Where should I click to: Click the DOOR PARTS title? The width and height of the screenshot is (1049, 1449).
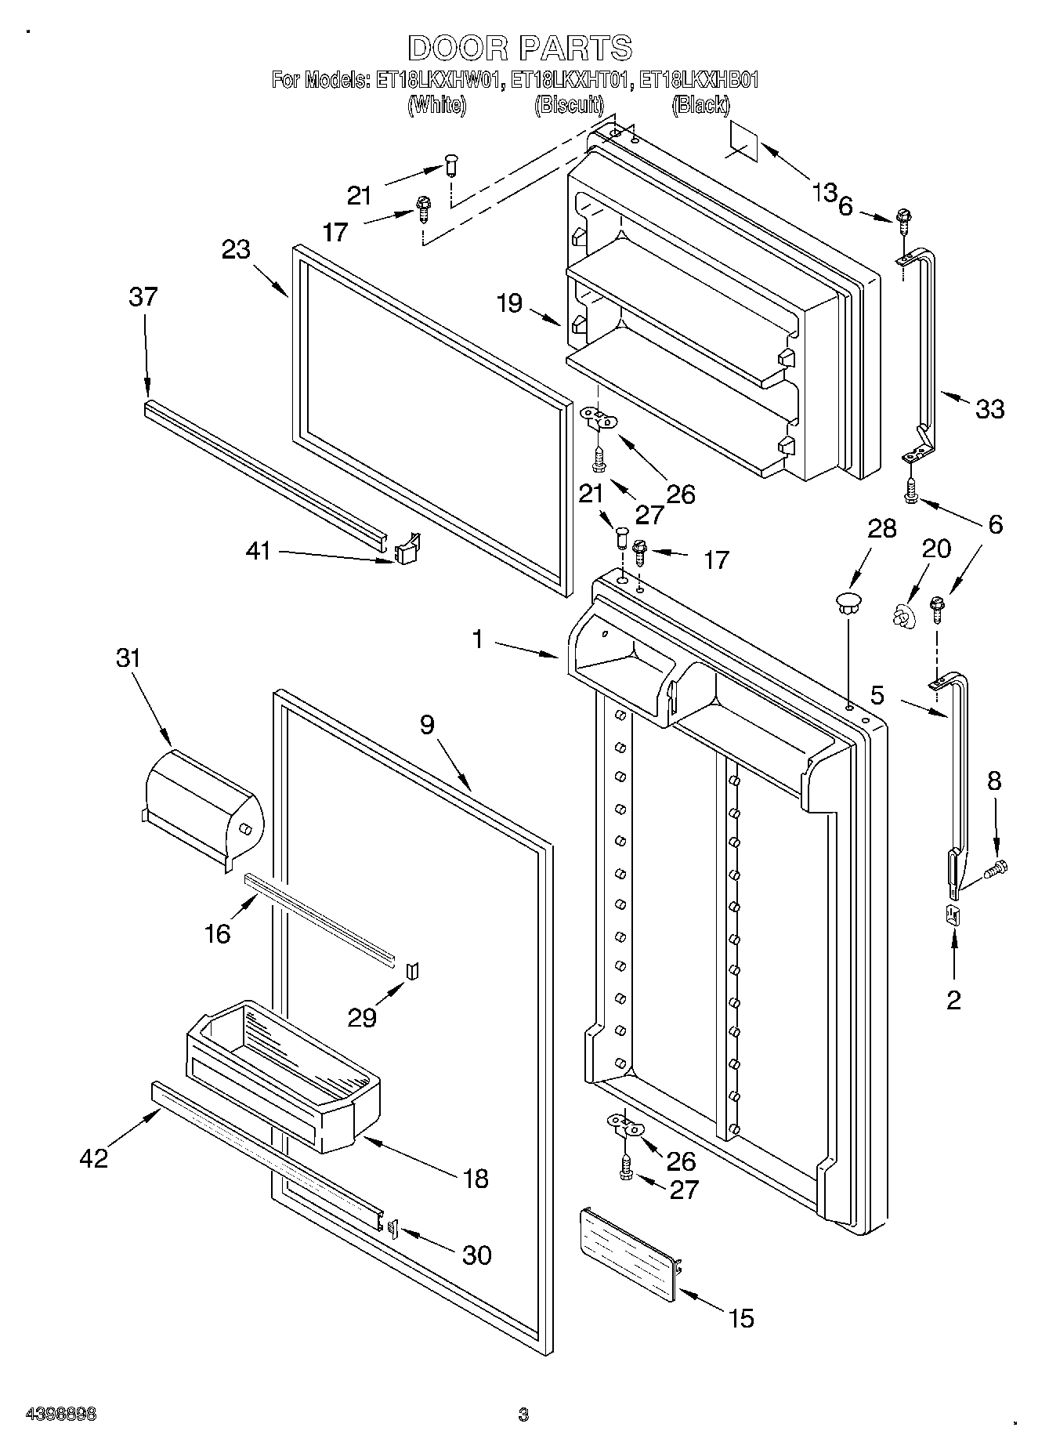(519, 48)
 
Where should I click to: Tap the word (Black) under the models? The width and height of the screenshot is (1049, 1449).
(700, 105)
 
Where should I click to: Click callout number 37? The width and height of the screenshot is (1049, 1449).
(144, 297)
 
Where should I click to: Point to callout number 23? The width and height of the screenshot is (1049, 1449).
(235, 249)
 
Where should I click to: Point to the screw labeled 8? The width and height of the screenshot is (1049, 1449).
(998, 868)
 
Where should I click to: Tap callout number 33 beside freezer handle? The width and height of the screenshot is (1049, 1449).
(990, 408)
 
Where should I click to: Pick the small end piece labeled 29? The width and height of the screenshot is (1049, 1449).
(412, 972)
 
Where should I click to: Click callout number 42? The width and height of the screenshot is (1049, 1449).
(94, 1157)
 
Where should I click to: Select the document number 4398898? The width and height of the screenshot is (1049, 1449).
(61, 1415)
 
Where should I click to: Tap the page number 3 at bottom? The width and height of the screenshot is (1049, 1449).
(523, 1415)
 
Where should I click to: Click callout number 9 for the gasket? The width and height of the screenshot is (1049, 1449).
(427, 725)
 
